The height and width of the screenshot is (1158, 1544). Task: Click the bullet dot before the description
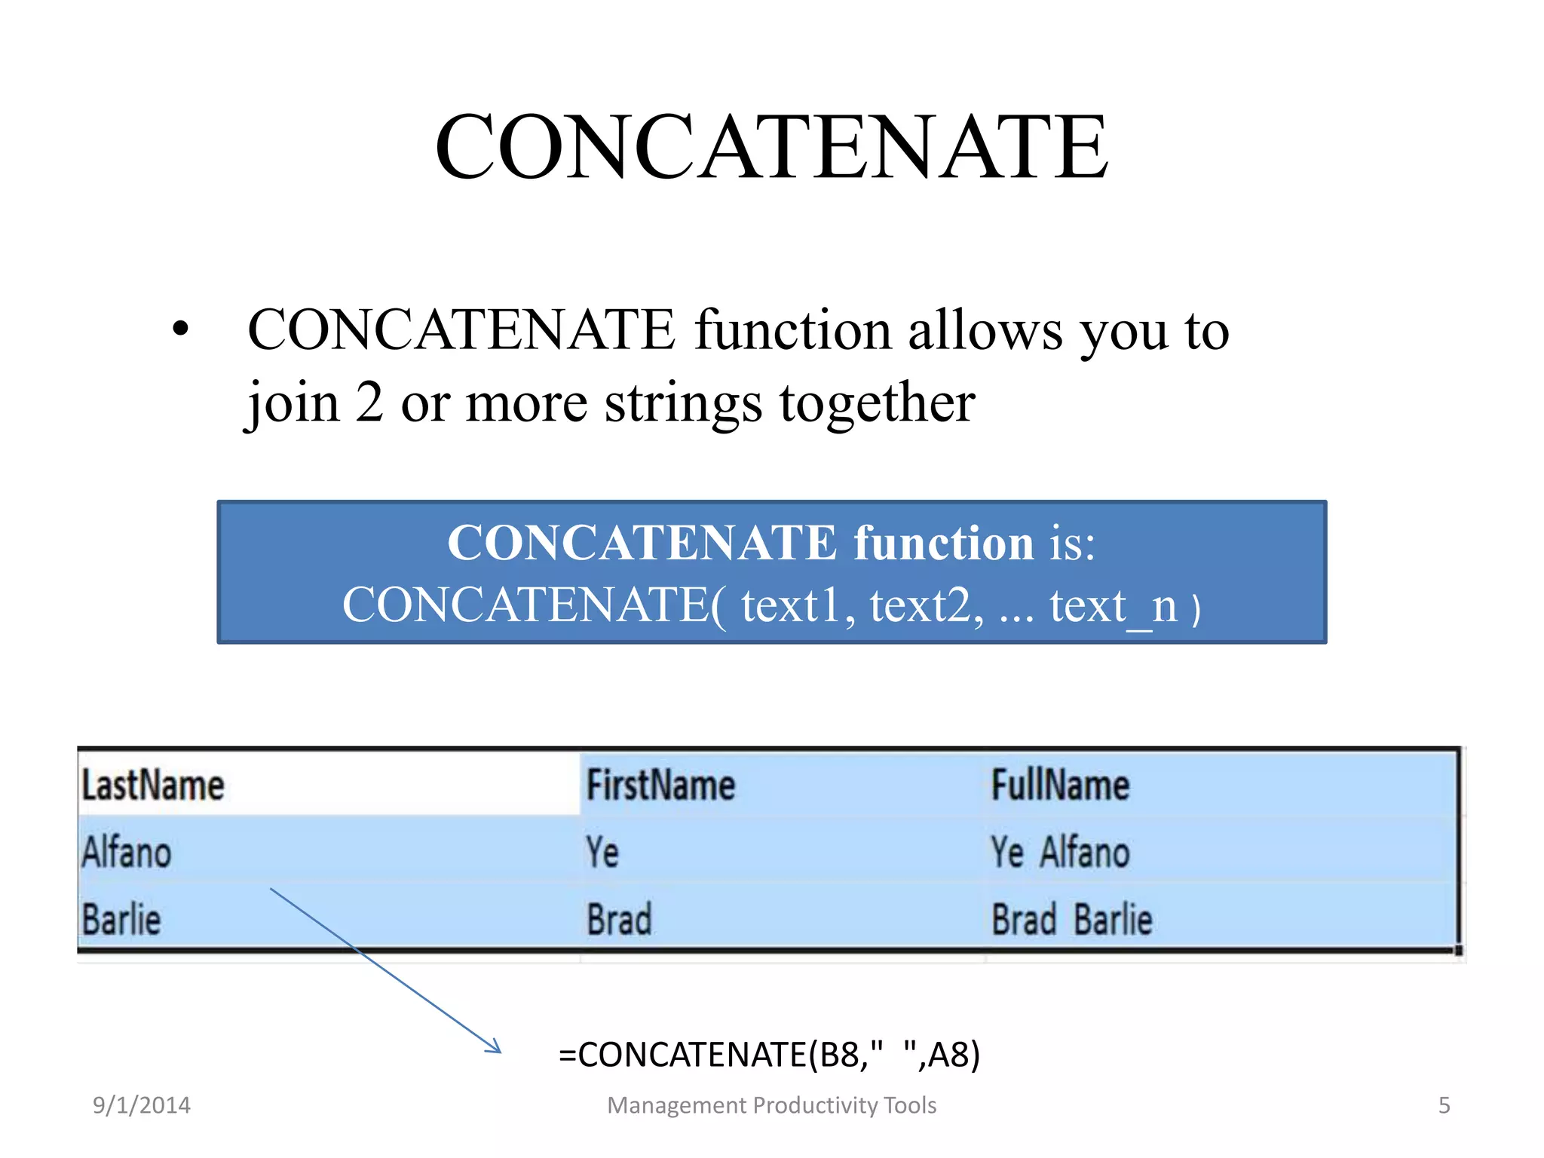[180, 329]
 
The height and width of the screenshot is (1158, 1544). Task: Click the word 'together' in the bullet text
[877, 403]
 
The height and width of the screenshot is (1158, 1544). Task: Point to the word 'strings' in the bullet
[683, 403]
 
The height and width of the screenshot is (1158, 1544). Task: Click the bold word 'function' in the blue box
[943, 542]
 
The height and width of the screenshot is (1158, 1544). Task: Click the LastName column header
[153, 785]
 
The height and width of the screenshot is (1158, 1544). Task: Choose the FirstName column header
[660, 785]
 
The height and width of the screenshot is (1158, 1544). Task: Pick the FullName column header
[1059, 785]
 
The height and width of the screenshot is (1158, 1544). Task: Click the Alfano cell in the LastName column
[127, 853]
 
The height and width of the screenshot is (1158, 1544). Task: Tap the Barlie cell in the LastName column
[121, 920]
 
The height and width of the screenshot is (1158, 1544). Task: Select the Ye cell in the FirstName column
[602, 853]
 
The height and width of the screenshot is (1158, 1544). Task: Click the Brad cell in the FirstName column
[619, 920]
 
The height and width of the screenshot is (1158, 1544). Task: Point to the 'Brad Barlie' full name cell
[1071, 920]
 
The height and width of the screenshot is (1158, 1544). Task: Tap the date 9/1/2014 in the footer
[141, 1105]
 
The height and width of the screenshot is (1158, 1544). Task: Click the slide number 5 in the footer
[1444, 1105]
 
